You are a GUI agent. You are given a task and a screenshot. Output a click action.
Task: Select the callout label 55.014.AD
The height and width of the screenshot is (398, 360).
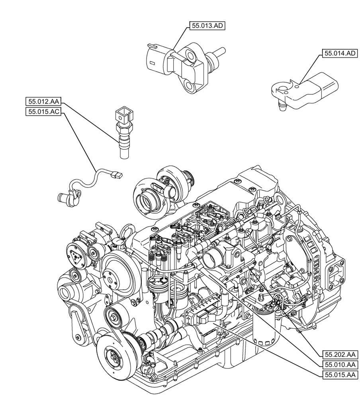339,53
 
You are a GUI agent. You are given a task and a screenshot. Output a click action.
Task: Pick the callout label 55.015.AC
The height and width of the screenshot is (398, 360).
43,112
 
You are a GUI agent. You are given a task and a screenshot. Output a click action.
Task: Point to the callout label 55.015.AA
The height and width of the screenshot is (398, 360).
339,375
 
